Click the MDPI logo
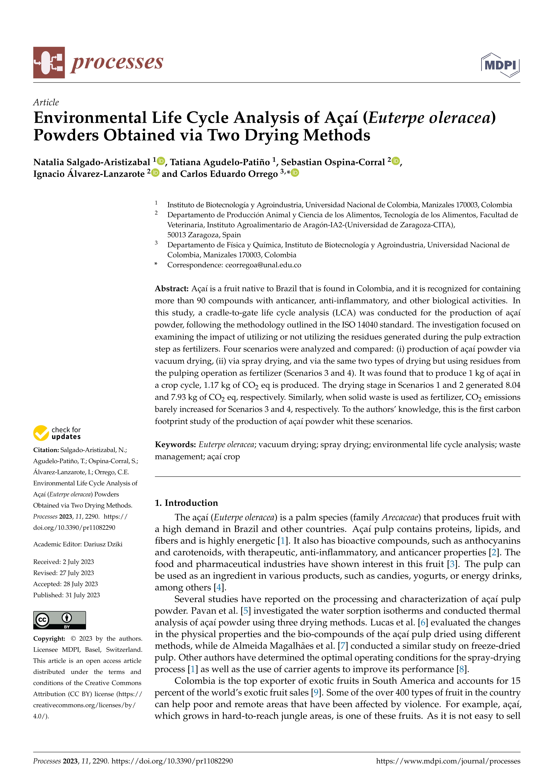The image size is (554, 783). [500, 65]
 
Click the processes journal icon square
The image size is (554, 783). [49, 63]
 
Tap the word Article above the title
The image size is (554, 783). [46, 102]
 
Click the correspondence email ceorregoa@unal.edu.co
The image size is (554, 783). [263, 265]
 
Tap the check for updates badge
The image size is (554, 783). [57, 433]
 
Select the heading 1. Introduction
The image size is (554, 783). [186, 503]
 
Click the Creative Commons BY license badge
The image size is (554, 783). [59, 620]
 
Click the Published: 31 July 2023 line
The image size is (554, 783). [67, 595]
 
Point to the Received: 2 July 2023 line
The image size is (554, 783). [63, 562]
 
